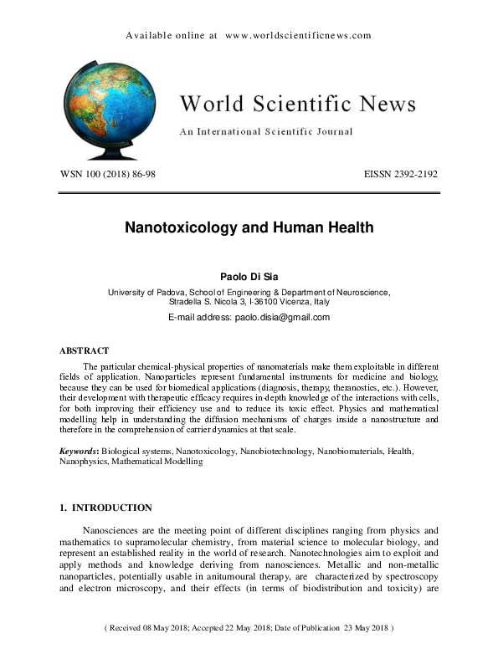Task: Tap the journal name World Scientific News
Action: click(x=297, y=104)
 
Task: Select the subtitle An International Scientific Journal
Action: click(x=265, y=131)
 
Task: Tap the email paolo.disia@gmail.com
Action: click(x=284, y=317)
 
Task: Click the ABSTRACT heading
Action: click(x=84, y=351)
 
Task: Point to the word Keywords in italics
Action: click(x=78, y=452)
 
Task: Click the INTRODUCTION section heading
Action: click(x=112, y=508)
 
